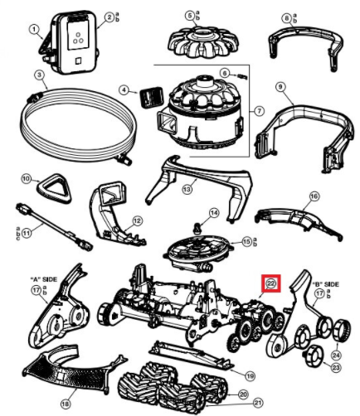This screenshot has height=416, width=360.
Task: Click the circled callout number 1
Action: [x=34, y=30]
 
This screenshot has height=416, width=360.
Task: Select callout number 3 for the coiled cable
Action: [x=40, y=75]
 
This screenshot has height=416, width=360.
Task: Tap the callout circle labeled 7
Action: [x=259, y=111]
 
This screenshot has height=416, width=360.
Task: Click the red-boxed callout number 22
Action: [x=271, y=283]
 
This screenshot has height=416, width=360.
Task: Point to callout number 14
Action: [x=213, y=213]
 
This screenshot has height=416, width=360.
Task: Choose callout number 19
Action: [x=250, y=376]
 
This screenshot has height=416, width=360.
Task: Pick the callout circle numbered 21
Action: [x=258, y=404]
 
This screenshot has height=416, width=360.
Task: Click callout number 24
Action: [x=337, y=355]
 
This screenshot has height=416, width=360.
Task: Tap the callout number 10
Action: [x=27, y=179]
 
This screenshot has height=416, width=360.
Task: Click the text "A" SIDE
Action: [x=43, y=279]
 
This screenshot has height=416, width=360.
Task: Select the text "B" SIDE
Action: [x=325, y=284]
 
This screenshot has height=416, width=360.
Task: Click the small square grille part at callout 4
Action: [x=151, y=97]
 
